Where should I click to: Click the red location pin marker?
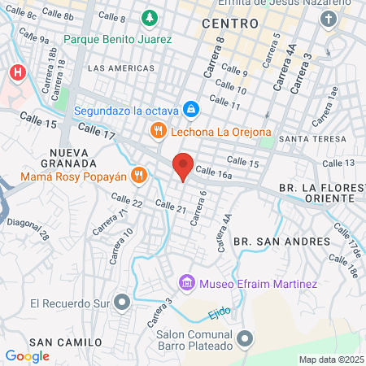coord(183,167)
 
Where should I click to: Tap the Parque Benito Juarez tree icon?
coord(150,18)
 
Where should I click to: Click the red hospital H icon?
coord(16,73)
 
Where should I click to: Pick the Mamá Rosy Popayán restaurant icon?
coord(140,174)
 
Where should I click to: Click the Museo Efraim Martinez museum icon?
coord(187,283)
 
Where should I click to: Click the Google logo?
coord(27,355)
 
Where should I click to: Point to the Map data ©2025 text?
coord(330,359)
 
